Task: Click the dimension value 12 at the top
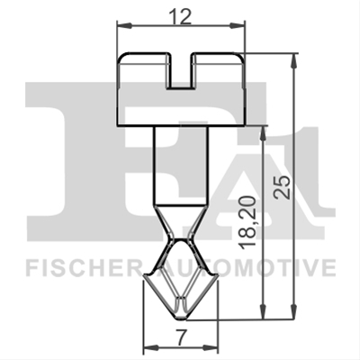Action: coord(180,17)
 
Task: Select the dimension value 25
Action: coord(283,186)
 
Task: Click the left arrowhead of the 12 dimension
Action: coord(124,26)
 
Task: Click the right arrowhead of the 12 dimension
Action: coord(238,26)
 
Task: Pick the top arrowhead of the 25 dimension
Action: coord(294,61)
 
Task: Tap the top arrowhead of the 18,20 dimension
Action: coord(263,132)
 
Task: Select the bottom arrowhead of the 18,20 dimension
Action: coord(263,311)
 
